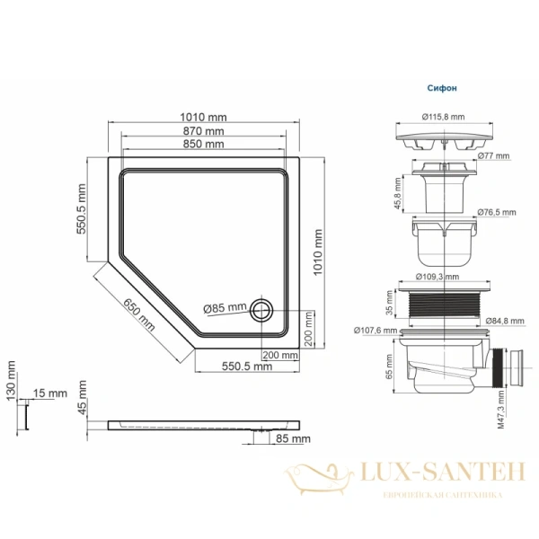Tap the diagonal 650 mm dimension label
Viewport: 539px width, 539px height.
tap(138, 314)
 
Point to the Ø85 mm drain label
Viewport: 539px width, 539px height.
tap(224, 308)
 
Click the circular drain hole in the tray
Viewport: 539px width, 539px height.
tap(262, 310)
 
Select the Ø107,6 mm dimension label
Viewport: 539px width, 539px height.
tap(370, 329)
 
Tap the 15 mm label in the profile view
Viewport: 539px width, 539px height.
tap(52, 393)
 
